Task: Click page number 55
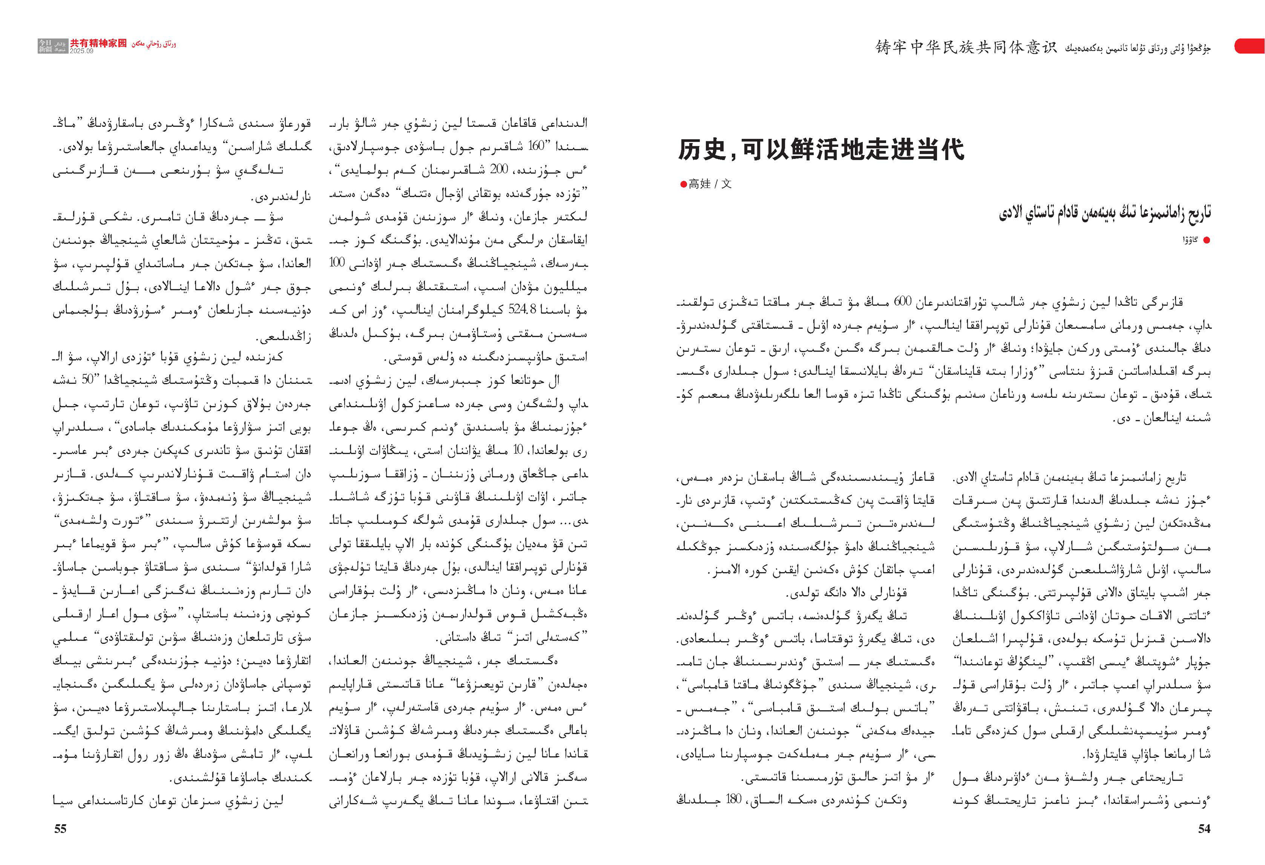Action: point(60,828)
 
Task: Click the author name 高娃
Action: point(699,184)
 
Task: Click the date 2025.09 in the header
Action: point(81,51)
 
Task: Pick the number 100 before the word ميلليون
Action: point(338,263)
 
